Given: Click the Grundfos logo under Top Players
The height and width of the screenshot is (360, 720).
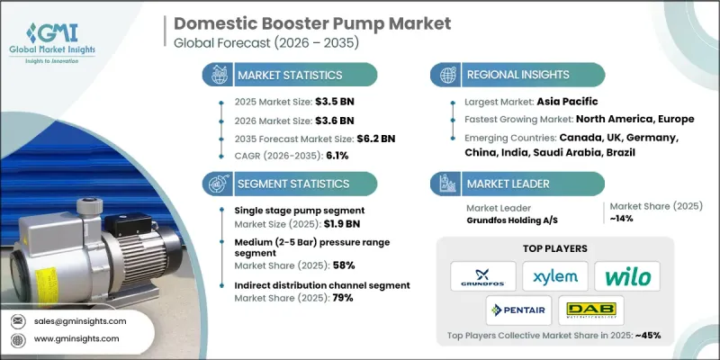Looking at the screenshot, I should coord(483,274).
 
